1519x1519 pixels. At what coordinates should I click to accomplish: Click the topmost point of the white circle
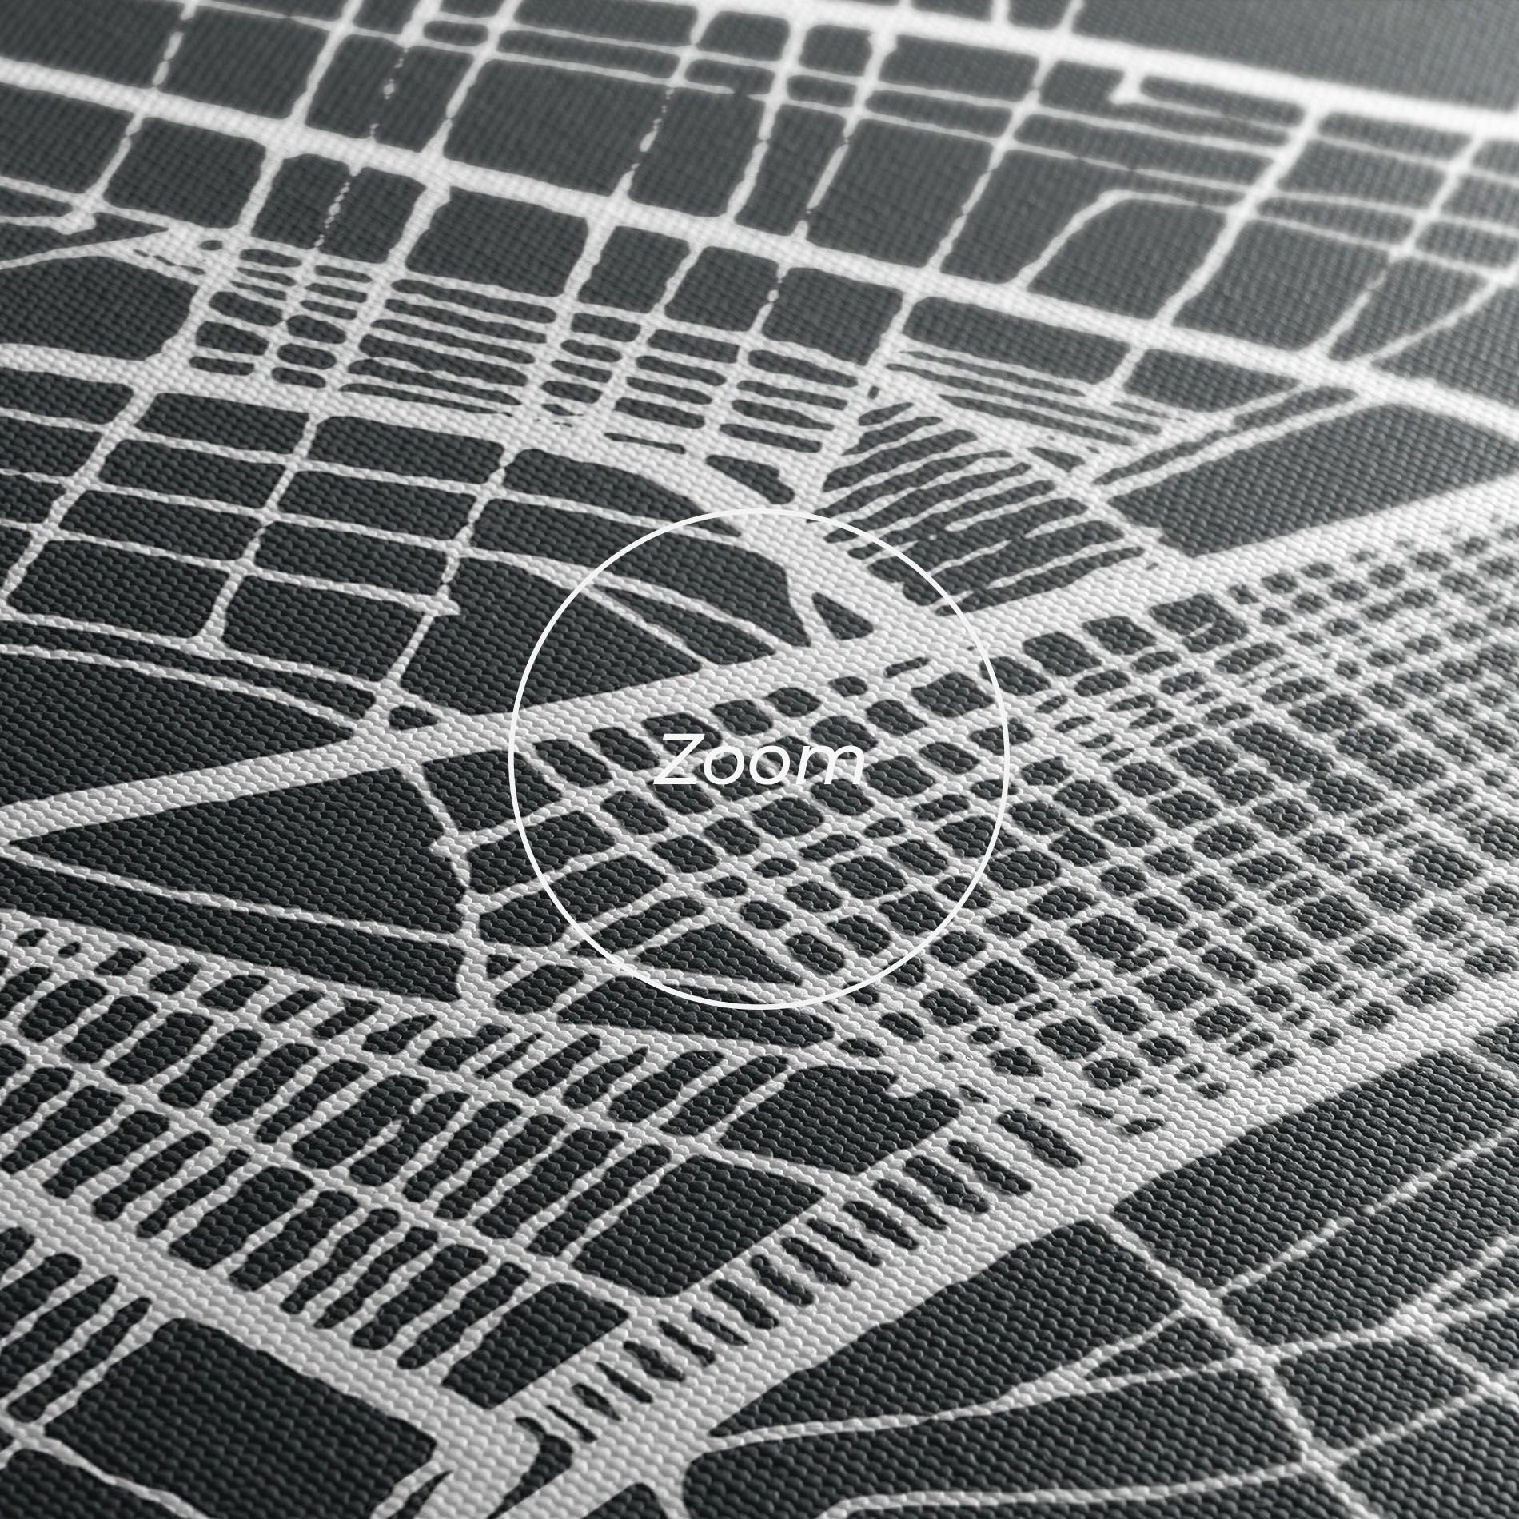pos(759,509)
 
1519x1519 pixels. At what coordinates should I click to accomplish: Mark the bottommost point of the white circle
pos(759,1008)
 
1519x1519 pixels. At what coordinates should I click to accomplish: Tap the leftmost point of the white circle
pos(510,759)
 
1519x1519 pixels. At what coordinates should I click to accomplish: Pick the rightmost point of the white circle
pos(1009,759)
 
